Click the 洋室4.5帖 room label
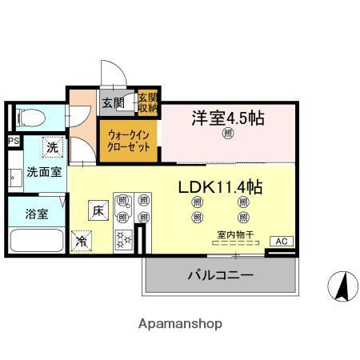coord(227,118)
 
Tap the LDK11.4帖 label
coord(220,188)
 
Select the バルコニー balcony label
coord(221,275)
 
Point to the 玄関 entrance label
coord(113,102)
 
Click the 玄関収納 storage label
coord(148,102)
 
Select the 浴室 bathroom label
coord(36,214)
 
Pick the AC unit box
coord(281,241)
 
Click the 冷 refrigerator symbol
coord(81,238)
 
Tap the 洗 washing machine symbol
coord(52,147)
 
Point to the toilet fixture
coord(28,118)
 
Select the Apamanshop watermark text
coord(180,324)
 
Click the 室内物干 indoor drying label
coord(235,234)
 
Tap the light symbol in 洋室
coord(227,134)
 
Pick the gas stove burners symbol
coord(125,238)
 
